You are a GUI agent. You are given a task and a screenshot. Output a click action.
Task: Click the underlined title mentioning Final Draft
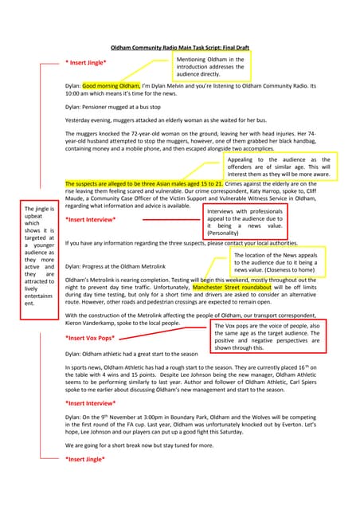coord(180,48)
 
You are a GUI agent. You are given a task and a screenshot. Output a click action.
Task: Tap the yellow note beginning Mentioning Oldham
coord(211,67)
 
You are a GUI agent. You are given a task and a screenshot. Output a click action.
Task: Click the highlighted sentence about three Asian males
coord(144,184)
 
